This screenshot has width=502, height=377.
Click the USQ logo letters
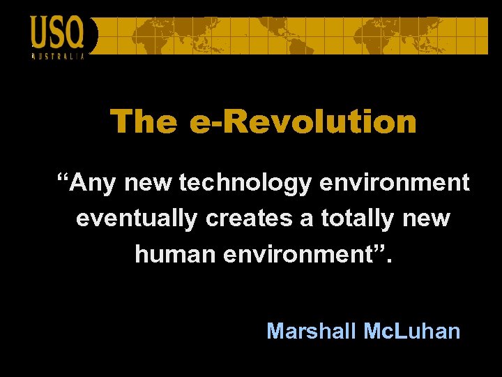[x=57, y=32]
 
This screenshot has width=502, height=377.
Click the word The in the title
[x=144, y=121]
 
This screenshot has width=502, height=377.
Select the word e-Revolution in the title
[x=303, y=121]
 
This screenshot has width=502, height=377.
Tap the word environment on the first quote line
[x=395, y=184]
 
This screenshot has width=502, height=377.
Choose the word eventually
[x=137, y=219]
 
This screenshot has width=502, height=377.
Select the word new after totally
[x=426, y=219]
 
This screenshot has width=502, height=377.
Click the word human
[x=176, y=254]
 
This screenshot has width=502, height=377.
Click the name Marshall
[x=312, y=330]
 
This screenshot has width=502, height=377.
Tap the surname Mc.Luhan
[x=412, y=330]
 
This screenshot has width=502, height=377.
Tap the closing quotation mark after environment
[x=379, y=248]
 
